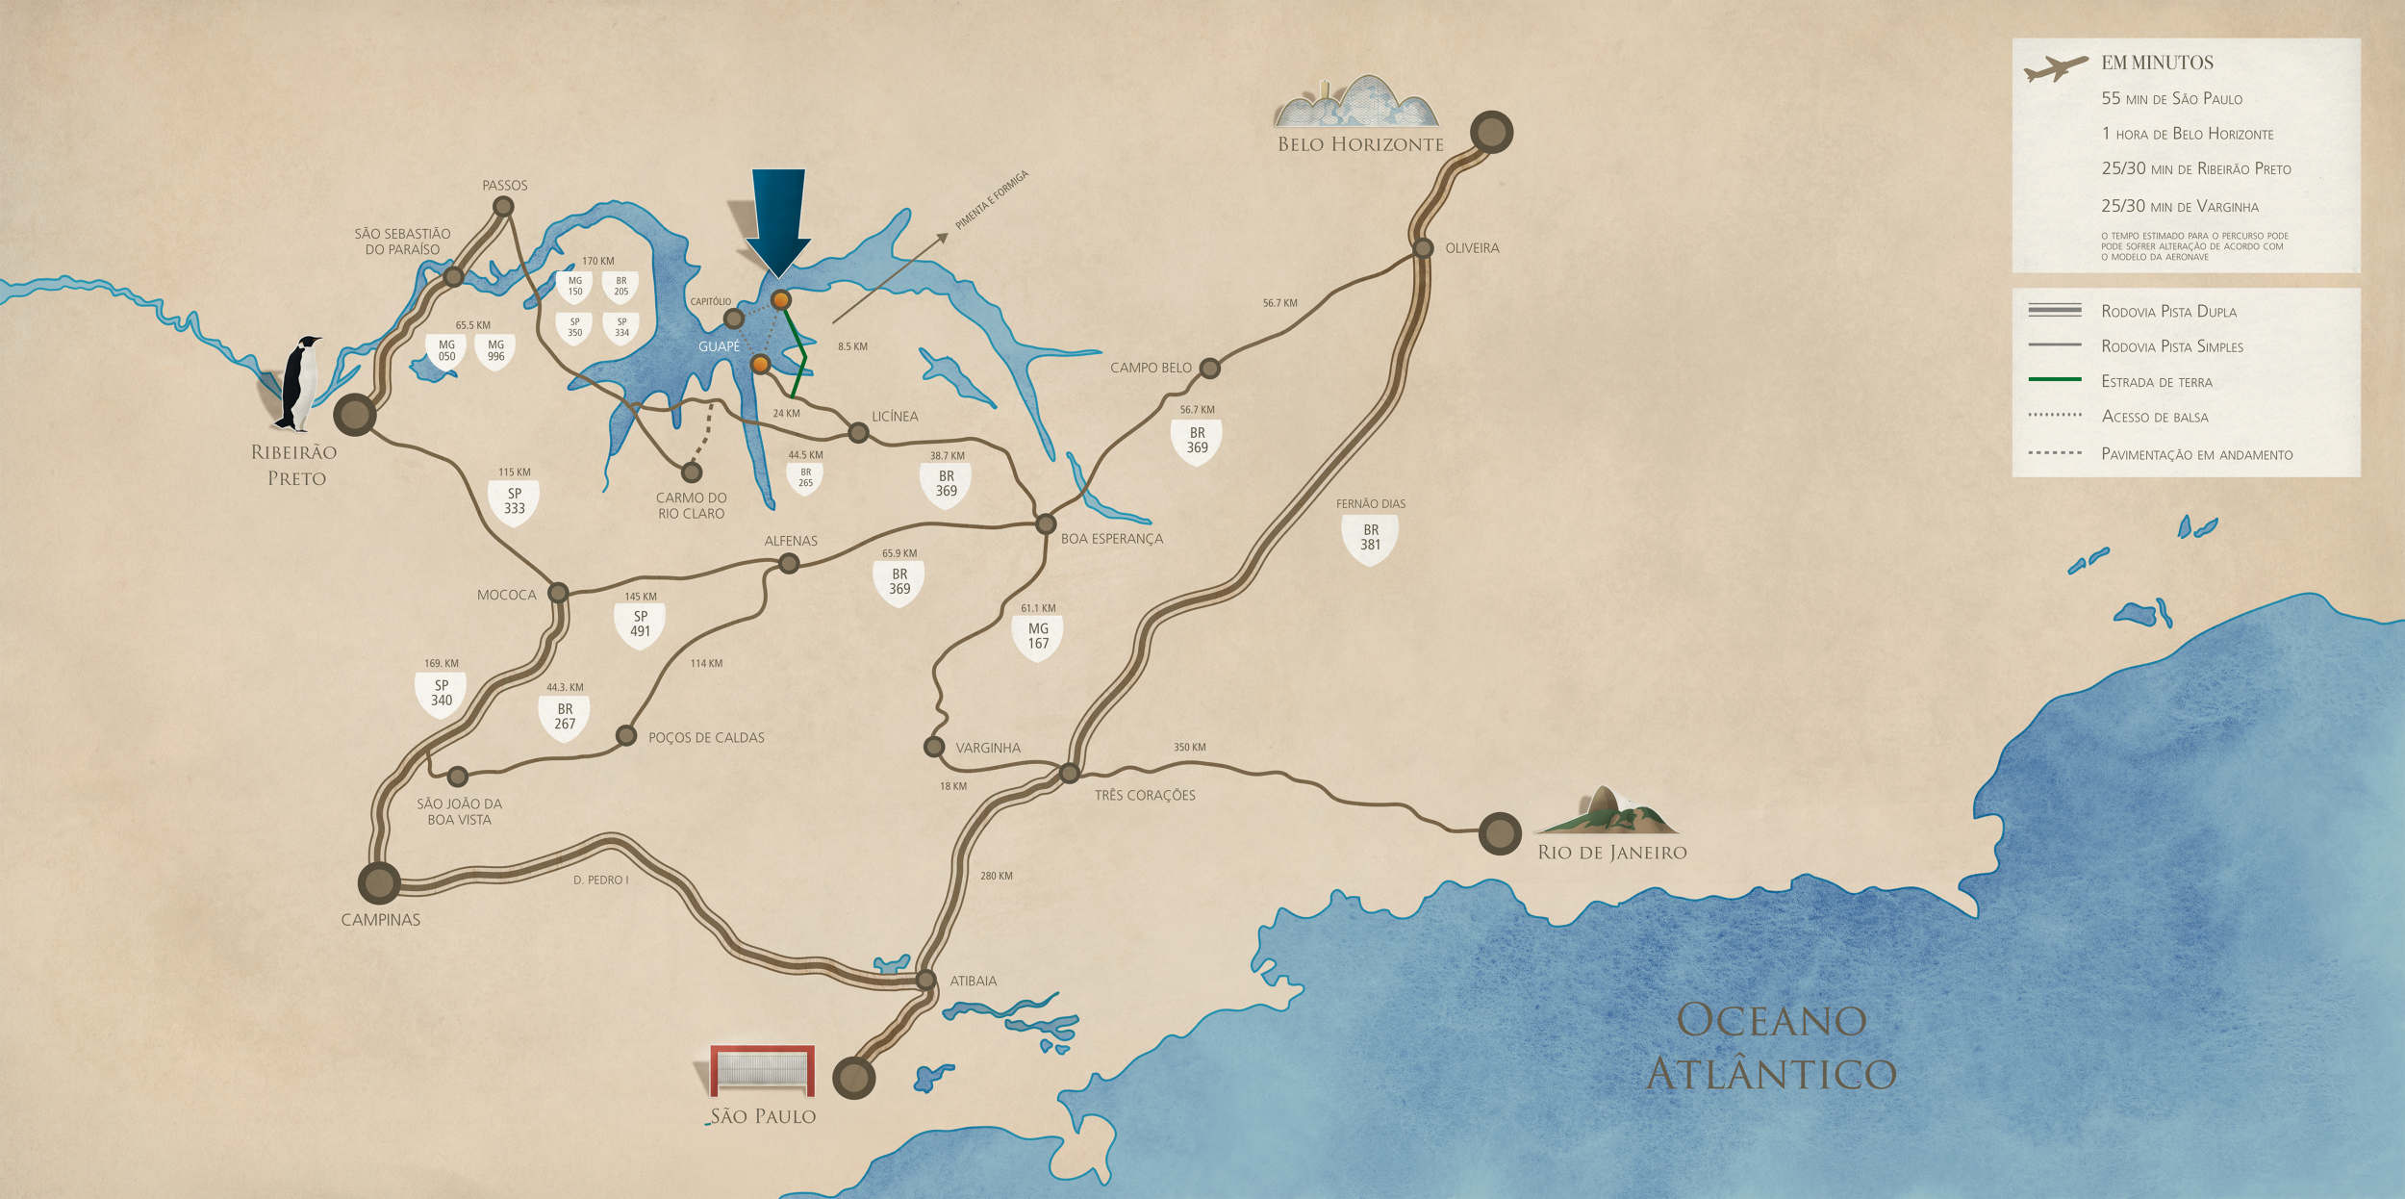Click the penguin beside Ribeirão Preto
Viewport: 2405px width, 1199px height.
pos(300,383)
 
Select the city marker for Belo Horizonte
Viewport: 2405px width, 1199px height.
pos(1491,132)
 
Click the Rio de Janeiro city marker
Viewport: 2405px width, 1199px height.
pos(1500,833)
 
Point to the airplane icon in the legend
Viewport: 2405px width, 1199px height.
pos(2056,68)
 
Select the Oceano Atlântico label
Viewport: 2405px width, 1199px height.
pos(1770,1047)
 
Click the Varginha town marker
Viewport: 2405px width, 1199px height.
pos(933,746)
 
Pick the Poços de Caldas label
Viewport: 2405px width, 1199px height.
pos(706,738)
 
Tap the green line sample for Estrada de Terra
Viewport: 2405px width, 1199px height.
pos(2054,380)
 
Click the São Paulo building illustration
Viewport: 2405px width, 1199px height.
pos(762,1070)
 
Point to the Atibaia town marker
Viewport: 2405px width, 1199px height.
pos(925,980)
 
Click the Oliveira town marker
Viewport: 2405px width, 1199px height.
pos(1423,248)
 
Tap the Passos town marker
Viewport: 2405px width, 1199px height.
pos(502,206)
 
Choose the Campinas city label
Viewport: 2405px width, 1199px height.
pos(381,920)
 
